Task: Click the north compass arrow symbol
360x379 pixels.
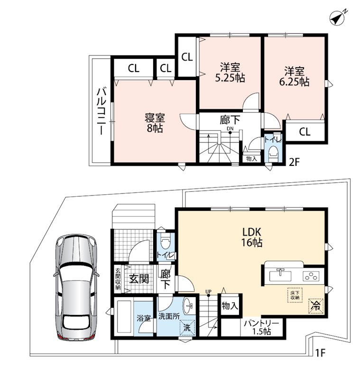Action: pyautogui.click(x=338, y=18)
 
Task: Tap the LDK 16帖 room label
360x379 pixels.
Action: pyautogui.click(x=252, y=237)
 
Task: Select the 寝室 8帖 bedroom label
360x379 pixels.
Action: pyautogui.click(x=155, y=123)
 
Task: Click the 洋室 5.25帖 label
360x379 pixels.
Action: pyautogui.click(x=230, y=72)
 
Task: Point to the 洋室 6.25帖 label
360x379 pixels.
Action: pyautogui.click(x=294, y=76)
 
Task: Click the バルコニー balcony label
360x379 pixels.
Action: pyautogui.click(x=101, y=111)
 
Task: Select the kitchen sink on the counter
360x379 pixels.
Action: pyautogui.click(x=280, y=275)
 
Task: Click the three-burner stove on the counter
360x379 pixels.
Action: pyautogui.click(x=311, y=276)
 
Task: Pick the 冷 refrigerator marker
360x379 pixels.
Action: pyautogui.click(x=316, y=306)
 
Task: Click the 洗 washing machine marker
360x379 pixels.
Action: pyautogui.click(x=187, y=327)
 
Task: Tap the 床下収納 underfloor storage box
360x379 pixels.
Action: pyautogui.click(x=295, y=295)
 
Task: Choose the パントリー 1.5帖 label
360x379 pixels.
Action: pyautogui.click(x=261, y=327)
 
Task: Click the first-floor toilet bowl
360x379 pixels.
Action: pyautogui.click(x=166, y=243)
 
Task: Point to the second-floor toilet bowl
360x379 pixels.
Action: pyautogui.click(x=273, y=152)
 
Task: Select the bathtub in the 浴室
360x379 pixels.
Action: pyautogui.click(x=123, y=316)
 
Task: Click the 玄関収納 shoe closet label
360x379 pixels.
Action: pyautogui.click(x=118, y=279)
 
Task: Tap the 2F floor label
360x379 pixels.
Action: pyautogui.click(x=295, y=162)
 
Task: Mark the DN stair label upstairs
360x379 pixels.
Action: pyautogui.click(x=230, y=129)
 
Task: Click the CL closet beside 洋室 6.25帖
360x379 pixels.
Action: pyautogui.click(x=305, y=132)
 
